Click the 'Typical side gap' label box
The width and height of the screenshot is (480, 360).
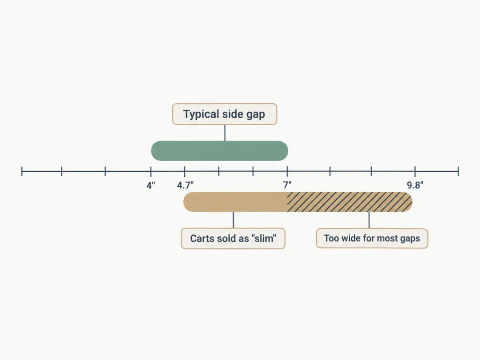[225, 114]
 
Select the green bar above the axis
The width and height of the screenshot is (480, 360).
[219, 150]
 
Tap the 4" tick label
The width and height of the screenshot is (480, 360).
[150, 186]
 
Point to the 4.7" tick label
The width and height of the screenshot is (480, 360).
[185, 186]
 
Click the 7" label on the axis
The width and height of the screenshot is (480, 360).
[287, 185]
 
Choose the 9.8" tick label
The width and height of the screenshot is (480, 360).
[415, 185]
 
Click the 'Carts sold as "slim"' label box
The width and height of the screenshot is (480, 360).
[233, 238]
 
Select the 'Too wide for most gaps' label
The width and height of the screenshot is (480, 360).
[372, 238]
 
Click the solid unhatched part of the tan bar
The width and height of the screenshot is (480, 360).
[235, 202]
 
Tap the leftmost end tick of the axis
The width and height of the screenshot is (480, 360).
[22, 172]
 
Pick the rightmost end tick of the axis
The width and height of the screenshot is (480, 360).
[458, 172]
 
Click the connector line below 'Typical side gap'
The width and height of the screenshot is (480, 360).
[225, 133]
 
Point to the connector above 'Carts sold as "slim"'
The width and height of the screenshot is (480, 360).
[233, 220]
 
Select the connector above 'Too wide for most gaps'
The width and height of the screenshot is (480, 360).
[369, 220]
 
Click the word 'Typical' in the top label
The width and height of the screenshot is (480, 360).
[201, 114]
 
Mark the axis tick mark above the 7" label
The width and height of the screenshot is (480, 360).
[287, 172]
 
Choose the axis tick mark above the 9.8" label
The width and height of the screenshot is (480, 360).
[415, 172]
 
